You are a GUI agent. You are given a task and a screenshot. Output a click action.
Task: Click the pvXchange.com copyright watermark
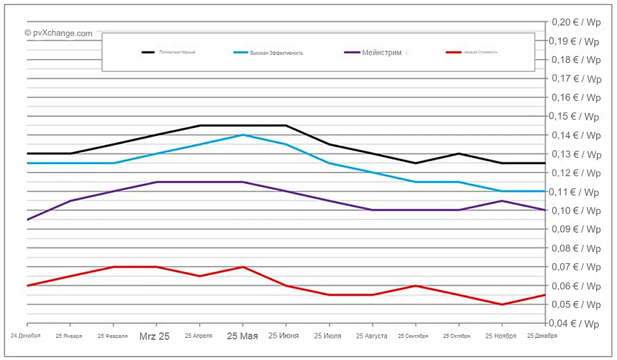point(59,33)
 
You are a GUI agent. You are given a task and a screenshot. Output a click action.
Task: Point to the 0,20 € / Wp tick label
point(575,22)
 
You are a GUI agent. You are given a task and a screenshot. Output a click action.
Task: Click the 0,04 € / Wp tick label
point(575,324)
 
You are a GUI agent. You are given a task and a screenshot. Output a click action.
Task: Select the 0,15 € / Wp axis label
point(575,116)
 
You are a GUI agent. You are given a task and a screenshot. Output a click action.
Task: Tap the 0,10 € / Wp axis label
point(575,211)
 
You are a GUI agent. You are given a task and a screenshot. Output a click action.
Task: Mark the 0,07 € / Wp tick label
point(575,267)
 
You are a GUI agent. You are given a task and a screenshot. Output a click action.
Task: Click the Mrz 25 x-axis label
point(155,336)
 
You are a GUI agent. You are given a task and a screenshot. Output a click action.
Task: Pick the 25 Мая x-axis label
point(242,336)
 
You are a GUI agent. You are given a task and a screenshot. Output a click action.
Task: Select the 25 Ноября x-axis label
point(501,336)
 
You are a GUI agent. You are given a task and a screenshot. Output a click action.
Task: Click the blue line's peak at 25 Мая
point(242,135)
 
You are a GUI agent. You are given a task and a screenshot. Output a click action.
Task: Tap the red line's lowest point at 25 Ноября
point(502,305)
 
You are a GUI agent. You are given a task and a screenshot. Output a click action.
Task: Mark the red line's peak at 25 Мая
point(242,267)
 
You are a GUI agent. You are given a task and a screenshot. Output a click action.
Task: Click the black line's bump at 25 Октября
point(459,153)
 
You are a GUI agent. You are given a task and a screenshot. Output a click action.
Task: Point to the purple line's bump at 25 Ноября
point(502,201)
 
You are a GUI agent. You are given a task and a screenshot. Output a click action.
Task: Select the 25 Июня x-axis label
point(283,336)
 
